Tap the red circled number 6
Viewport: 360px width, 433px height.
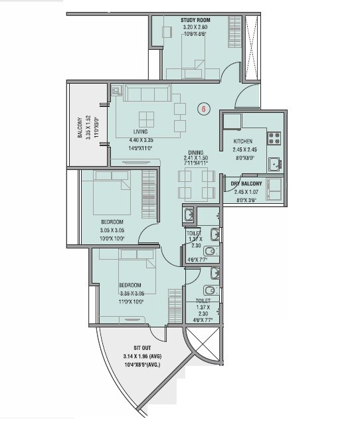pos(205,109)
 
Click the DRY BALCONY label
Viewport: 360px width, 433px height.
pos(246,184)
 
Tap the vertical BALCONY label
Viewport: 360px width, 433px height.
pos(79,126)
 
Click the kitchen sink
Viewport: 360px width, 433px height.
pos(273,163)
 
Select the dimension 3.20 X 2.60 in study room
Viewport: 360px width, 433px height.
pos(195,28)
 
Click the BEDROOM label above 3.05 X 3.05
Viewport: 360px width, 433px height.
pos(112,222)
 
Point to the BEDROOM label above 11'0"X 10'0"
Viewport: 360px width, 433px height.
pos(130,285)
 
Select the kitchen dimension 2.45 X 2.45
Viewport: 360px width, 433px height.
pos(245,150)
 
